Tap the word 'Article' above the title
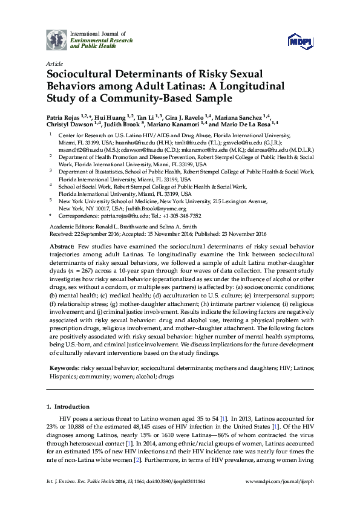point(53,63)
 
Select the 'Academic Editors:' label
point(69,224)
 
